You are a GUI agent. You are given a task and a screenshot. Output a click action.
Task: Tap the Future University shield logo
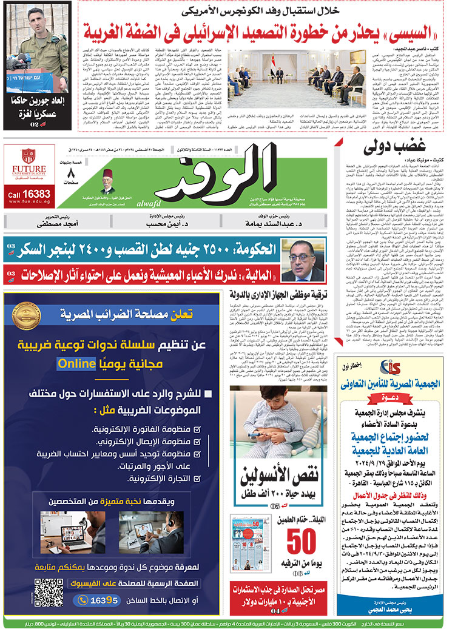click(x=28, y=156)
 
